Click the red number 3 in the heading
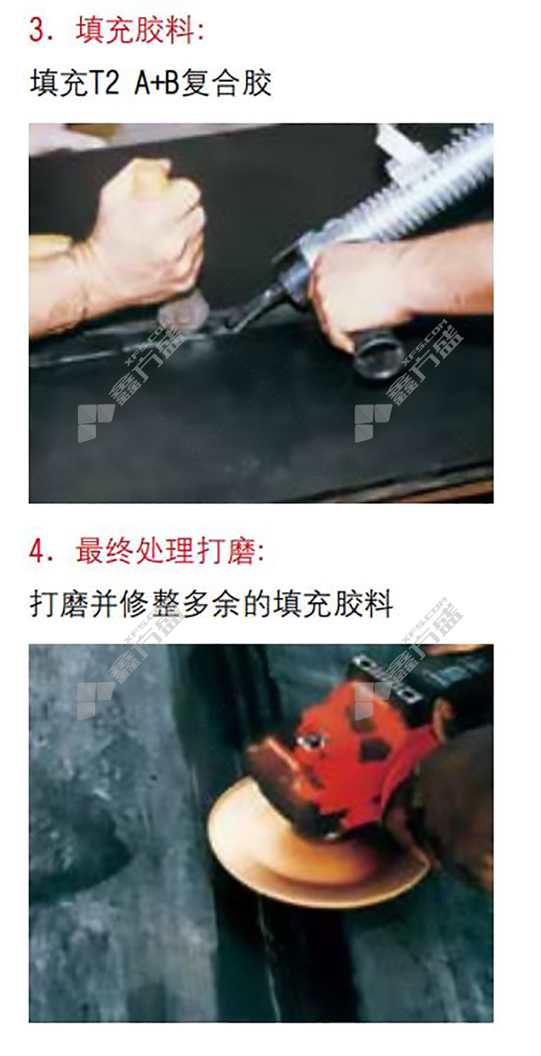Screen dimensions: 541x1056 (38, 31)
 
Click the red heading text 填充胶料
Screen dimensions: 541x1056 (135, 31)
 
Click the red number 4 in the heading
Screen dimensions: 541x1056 (38, 551)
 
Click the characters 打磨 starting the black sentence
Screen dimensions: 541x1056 (58, 604)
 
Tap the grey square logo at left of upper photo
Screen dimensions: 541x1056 (95, 423)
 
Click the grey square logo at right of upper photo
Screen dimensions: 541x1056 (373, 423)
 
